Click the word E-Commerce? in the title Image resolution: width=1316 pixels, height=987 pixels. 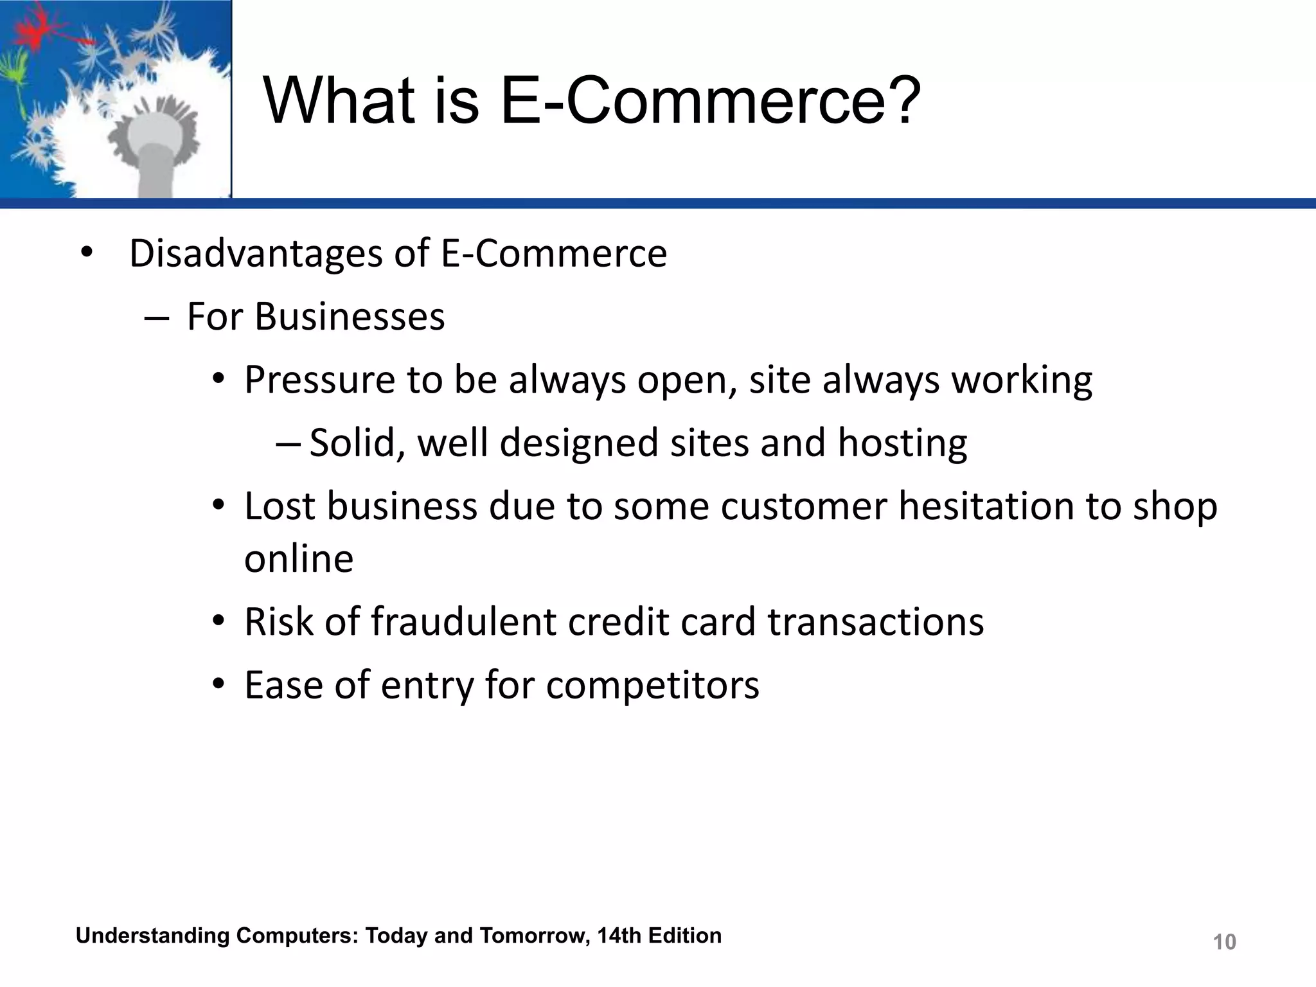click(710, 101)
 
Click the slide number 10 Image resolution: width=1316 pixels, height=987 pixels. click(1224, 942)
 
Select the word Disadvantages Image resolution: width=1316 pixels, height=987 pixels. click(256, 253)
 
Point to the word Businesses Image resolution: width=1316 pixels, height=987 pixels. click(350, 317)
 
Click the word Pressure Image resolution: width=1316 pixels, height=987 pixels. click(319, 380)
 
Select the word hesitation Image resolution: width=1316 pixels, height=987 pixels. click(986, 506)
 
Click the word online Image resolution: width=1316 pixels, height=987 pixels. click(299, 558)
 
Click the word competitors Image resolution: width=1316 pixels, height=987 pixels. click(652, 685)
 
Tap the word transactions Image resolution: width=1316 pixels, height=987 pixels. click(875, 622)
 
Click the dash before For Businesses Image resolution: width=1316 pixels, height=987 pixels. click(157, 318)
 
